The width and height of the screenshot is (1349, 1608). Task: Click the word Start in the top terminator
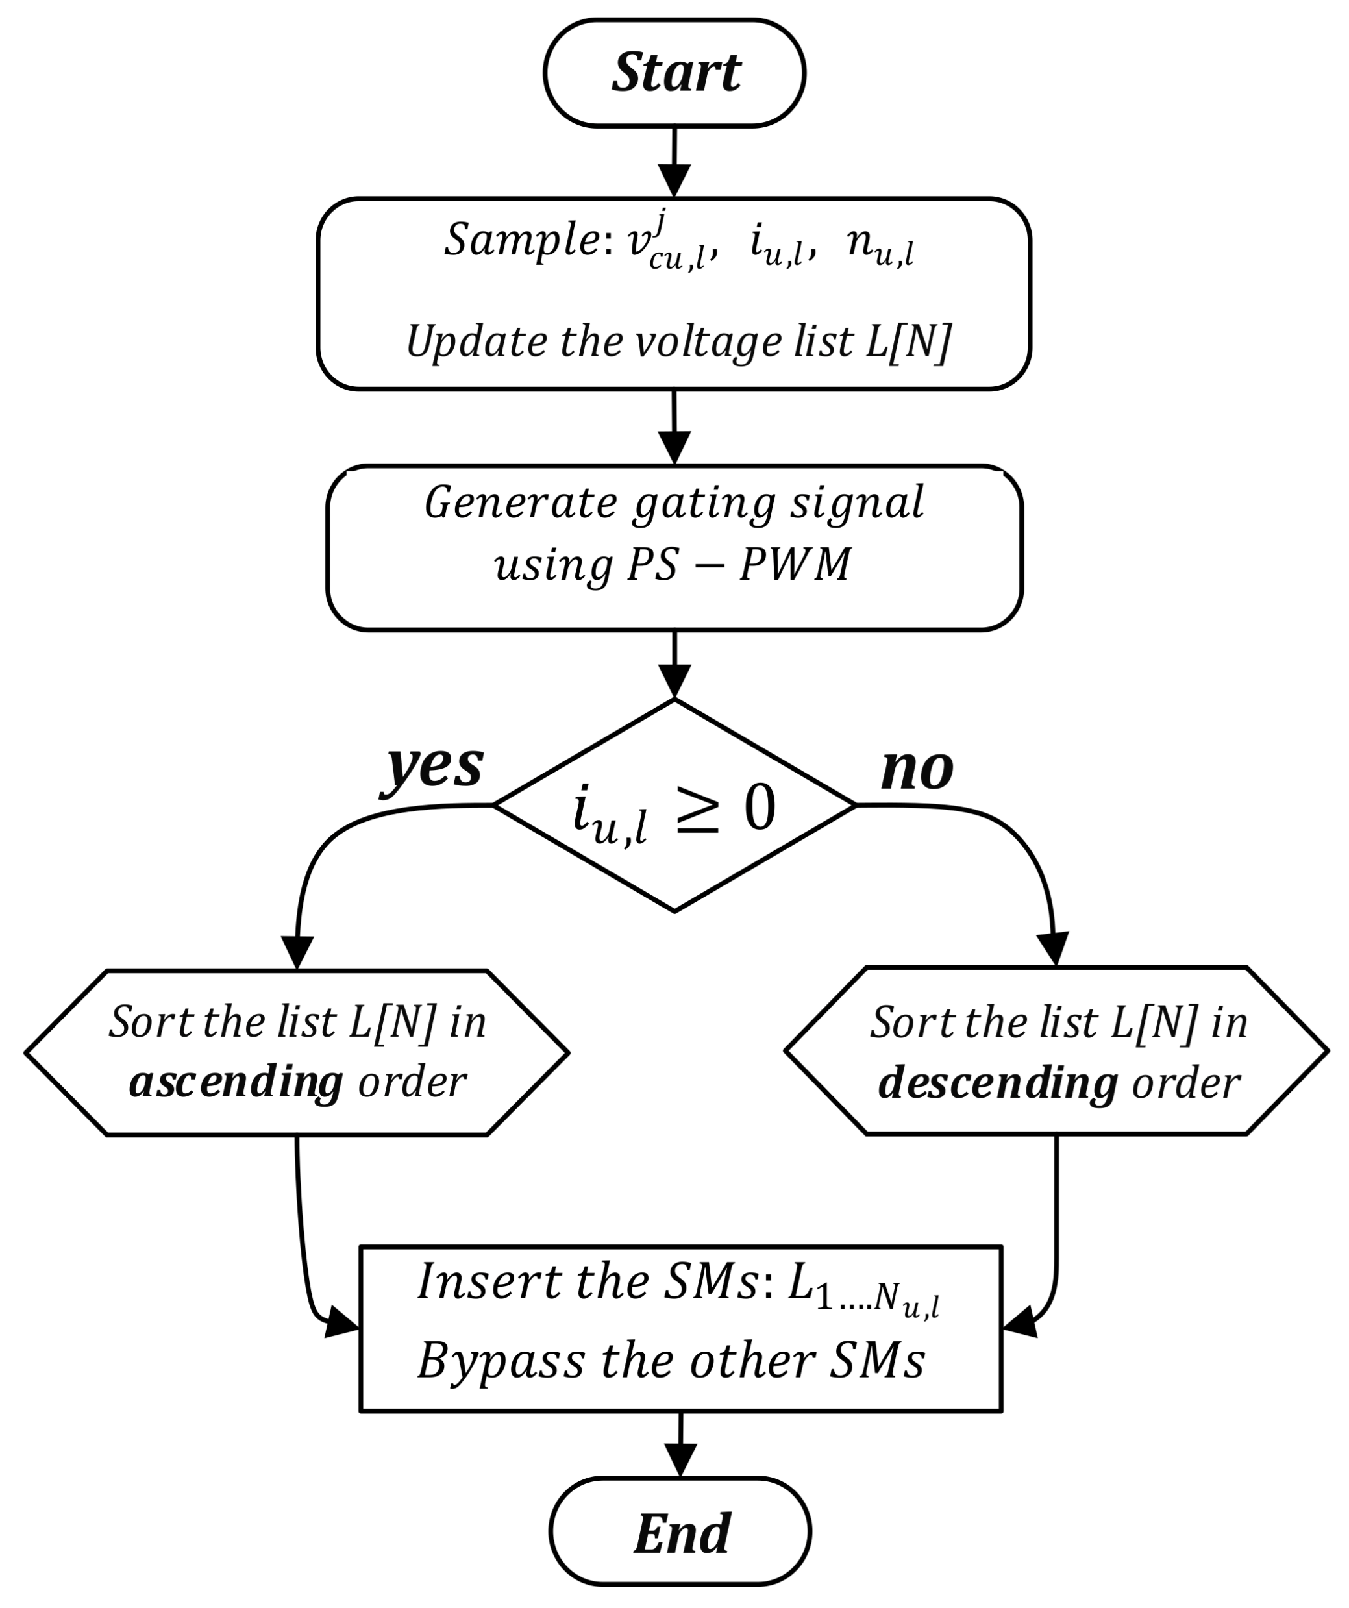(675, 72)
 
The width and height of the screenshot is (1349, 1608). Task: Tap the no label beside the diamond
(917, 768)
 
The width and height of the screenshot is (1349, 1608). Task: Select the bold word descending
(998, 1083)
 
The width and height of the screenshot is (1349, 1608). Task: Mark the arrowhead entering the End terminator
(680, 1458)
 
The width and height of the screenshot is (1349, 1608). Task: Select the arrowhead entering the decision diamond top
(674, 680)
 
